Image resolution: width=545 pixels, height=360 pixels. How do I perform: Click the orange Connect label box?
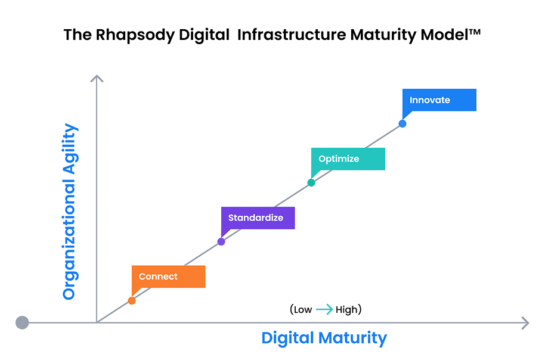[x=169, y=277]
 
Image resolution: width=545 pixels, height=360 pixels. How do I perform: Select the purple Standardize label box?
[x=258, y=218]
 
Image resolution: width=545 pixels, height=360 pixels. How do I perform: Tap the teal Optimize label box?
[x=348, y=159]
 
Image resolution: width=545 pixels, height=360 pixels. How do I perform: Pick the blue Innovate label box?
[x=439, y=100]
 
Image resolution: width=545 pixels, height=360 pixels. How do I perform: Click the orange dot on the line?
[x=132, y=300]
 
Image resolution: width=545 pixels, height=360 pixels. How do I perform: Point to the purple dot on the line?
[x=221, y=241]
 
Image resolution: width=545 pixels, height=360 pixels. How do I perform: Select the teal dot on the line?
[x=311, y=183]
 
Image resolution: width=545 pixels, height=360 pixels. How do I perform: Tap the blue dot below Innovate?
[x=402, y=124]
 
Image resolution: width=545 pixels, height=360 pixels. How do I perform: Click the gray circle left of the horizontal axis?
[x=22, y=322]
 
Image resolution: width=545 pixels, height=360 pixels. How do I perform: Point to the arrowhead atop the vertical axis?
[x=97, y=78]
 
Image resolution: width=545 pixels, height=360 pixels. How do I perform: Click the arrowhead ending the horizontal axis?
[x=525, y=323]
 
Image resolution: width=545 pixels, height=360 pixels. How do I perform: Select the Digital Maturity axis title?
[x=324, y=338]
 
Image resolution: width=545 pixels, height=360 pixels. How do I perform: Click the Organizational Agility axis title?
[x=70, y=212]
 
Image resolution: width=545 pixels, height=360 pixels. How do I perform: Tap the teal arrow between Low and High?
[x=324, y=309]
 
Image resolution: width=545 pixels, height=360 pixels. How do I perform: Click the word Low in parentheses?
[x=303, y=309]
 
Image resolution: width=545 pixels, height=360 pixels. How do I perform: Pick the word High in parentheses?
[x=346, y=309]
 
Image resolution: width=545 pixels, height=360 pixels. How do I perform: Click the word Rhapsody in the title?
[x=135, y=35]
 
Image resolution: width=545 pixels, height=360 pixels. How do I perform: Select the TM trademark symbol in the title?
[x=475, y=32]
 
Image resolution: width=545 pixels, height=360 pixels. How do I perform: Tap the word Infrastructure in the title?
[x=292, y=35]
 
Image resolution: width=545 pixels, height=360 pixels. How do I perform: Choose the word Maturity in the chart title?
[x=383, y=35]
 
